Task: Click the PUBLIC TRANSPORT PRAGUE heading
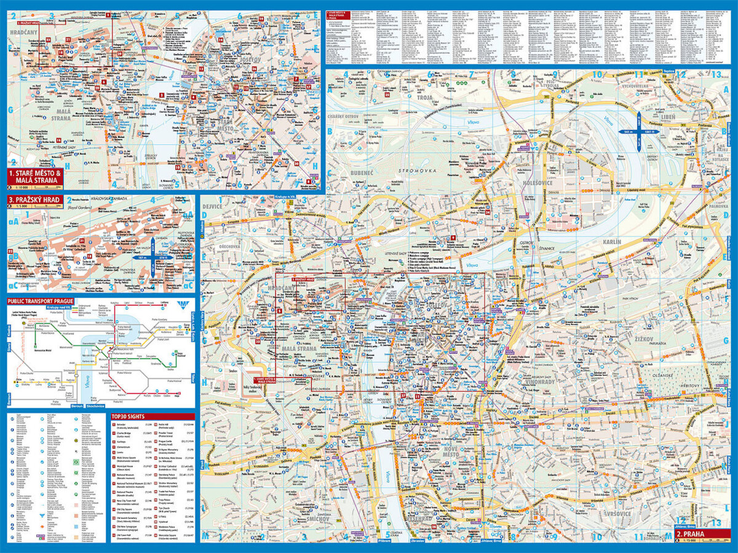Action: [x=40, y=302]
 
